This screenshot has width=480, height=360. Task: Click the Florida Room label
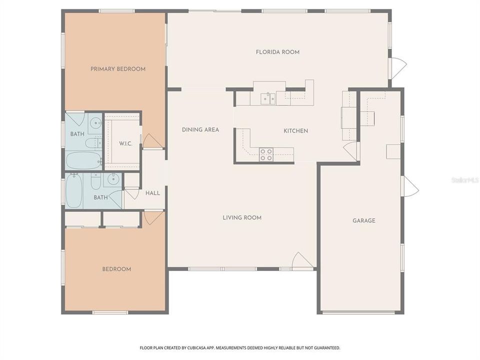(x=277, y=52)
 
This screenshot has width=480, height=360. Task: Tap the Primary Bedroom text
(x=118, y=69)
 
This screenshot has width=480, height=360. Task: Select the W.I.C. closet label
(x=125, y=143)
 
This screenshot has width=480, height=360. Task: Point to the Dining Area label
(x=200, y=130)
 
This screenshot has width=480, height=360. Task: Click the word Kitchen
(x=295, y=131)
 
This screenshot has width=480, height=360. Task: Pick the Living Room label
(x=242, y=217)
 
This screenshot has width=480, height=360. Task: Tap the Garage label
(x=363, y=220)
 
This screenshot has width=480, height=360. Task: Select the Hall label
(x=152, y=193)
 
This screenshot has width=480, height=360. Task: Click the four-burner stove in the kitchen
(x=266, y=154)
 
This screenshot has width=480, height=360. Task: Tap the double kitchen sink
(x=267, y=98)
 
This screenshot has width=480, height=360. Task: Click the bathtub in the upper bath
(x=83, y=161)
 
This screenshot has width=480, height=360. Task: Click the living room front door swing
(x=302, y=260)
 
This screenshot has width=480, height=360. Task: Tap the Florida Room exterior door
(x=398, y=68)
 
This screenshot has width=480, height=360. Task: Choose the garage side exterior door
(x=410, y=186)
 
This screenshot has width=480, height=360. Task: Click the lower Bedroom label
(x=116, y=269)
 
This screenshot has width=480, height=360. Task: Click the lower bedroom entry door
(x=152, y=217)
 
